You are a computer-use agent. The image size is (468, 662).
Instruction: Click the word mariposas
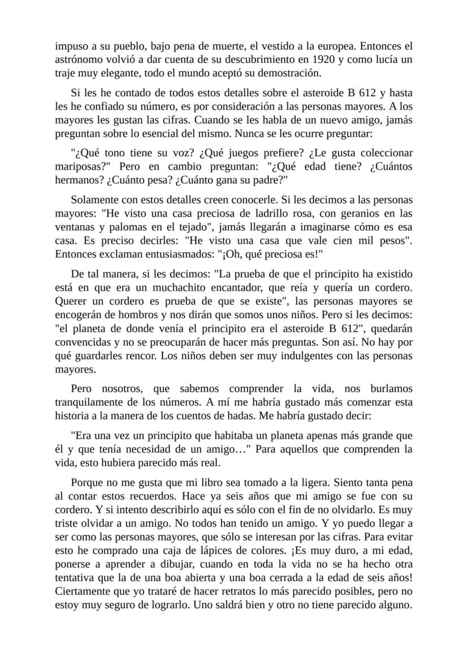tap(77, 167)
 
